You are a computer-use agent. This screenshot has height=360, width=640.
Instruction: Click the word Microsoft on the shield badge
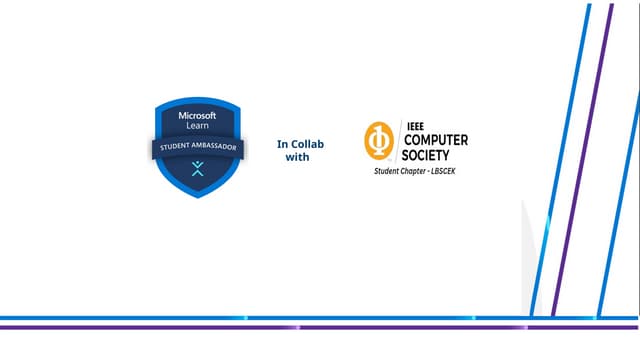point(197,117)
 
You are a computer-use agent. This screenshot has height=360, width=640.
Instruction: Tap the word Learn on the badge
point(197,128)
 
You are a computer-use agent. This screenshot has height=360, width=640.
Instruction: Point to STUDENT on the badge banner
point(173,148)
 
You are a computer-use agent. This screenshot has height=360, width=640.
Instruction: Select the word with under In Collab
point(297,157)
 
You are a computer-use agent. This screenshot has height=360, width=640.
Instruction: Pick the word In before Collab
point(282,144)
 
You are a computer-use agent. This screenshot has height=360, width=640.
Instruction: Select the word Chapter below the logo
point(421,172)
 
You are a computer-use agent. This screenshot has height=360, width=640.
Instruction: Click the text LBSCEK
point(455,172)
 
